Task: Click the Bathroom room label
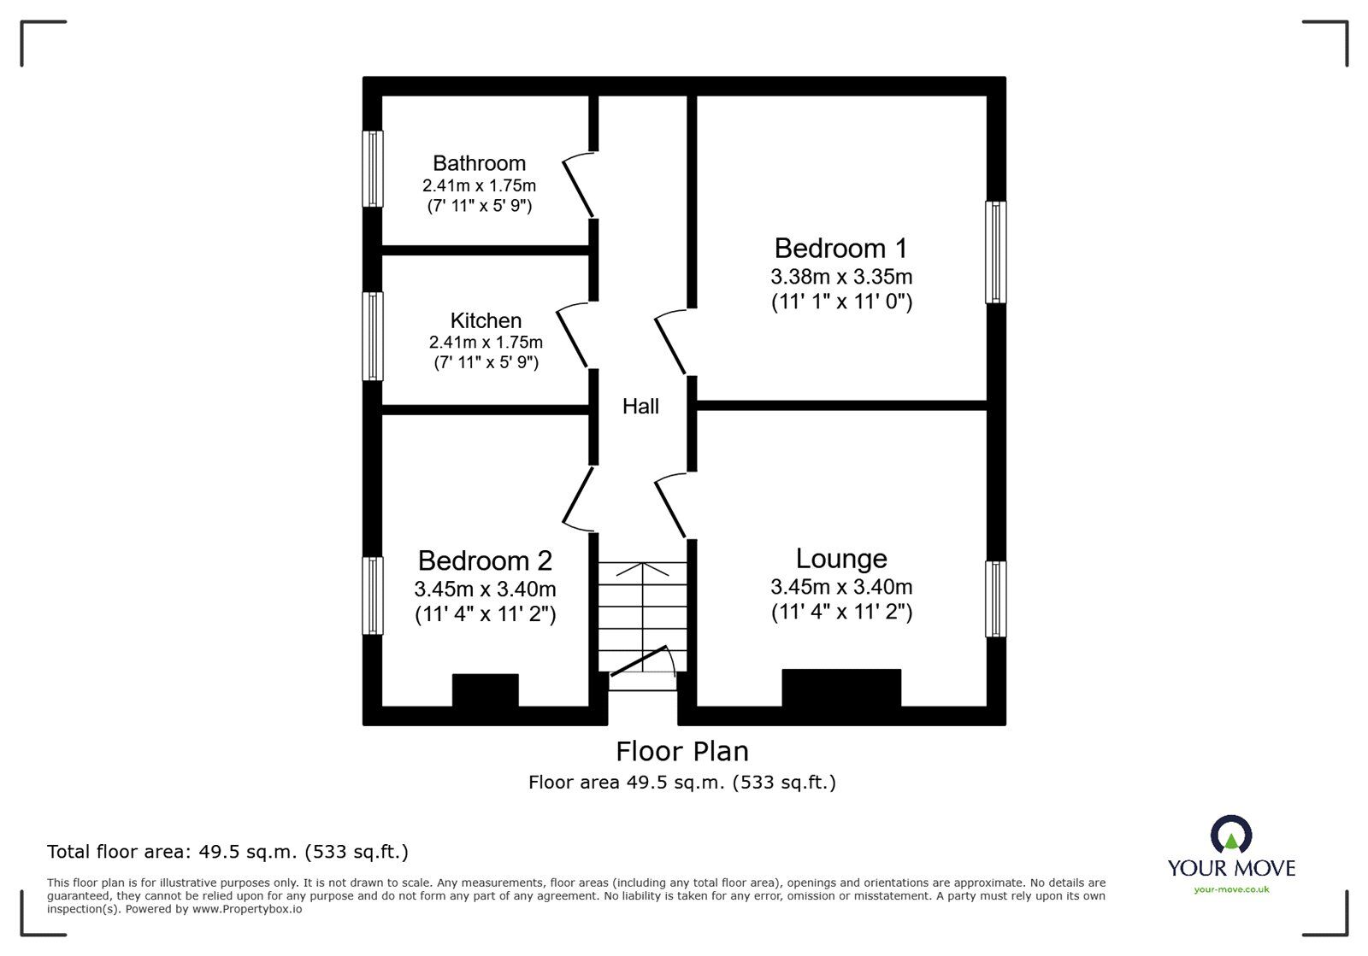click(x=479, y=163)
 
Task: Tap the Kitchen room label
click(x=486, y=320)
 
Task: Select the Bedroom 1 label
click(x=840, y=249)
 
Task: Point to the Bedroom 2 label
click(x=485, y=561)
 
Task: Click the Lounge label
click(x=841, y=559)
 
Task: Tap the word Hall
click(x=640, y=407)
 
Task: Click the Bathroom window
click(x=373, y=168)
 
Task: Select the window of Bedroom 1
click(x=995, y=252)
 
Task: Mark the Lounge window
click(x=995, y=599)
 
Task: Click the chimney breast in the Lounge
click(x=841, y=688)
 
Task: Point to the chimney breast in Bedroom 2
click(x=485, y=690)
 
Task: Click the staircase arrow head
click(x=641, y=566)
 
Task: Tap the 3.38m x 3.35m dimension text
click(x=840, y=277)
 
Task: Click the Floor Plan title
click(x=682, y=752)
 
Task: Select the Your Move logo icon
click(x=1231, y=834)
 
